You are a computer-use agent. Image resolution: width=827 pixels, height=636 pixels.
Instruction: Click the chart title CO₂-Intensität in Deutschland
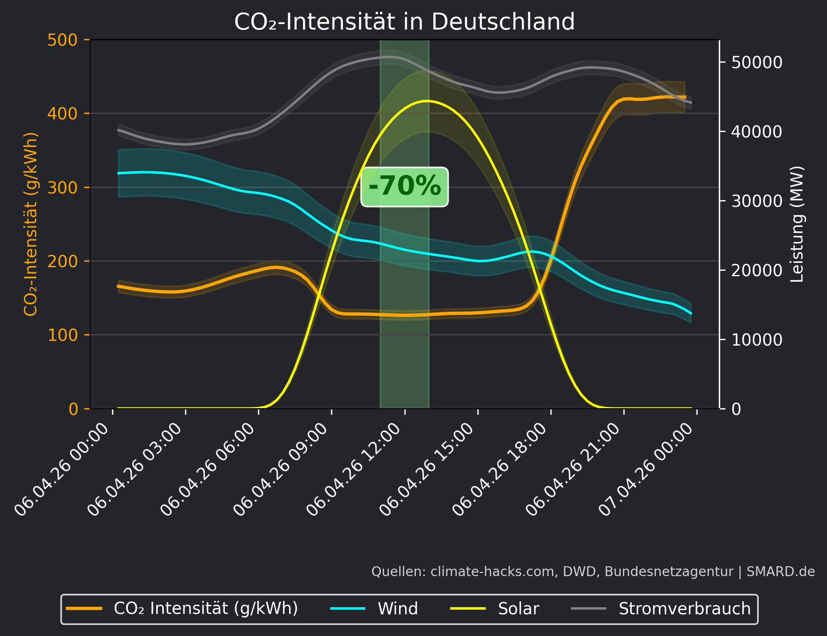[x=404, y=22]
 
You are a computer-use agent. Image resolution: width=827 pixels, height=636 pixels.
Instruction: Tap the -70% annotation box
[x=404, y=186]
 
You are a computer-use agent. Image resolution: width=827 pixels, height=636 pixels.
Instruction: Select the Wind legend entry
[x=397, y=608]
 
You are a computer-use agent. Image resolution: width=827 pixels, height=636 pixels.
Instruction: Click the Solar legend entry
[x=518, y=608]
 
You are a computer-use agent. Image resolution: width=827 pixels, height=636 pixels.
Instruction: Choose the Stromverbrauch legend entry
[x=684, y=608]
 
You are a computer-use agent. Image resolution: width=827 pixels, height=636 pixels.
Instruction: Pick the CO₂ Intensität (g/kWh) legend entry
[x=205, y=608]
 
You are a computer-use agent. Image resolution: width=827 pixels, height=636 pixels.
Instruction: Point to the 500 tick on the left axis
[x=62, y=40]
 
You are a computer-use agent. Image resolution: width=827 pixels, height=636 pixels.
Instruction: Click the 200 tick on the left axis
[x=62, y=261]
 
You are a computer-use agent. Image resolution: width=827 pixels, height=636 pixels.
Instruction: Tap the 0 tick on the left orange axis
[x=73, y=409]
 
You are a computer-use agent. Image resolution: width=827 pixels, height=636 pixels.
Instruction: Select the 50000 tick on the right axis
[x=756, y=62]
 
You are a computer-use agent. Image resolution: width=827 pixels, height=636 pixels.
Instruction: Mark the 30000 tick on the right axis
[x=756, y=201]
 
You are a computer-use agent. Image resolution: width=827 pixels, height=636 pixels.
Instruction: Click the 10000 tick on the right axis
[x=756, y=340]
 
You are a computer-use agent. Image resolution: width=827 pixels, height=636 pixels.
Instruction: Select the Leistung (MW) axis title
[x=797, y=224]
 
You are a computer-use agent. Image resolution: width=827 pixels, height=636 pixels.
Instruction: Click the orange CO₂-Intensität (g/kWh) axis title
[x=31, y=224]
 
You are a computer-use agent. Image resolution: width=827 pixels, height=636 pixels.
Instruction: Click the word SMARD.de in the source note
[x=780, y=571]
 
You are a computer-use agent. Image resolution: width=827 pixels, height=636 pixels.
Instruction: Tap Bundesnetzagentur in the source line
[x=669, y=571]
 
